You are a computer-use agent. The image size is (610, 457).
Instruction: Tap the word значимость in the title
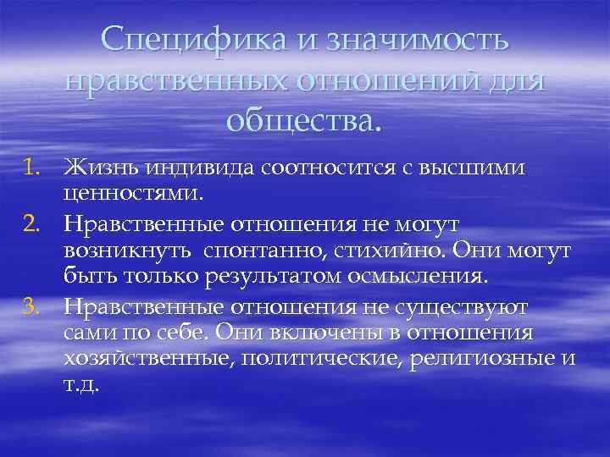pyautogui.click(x=408, y=39)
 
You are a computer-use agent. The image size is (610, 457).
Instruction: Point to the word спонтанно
pyautogui.click(x=261, y=251)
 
